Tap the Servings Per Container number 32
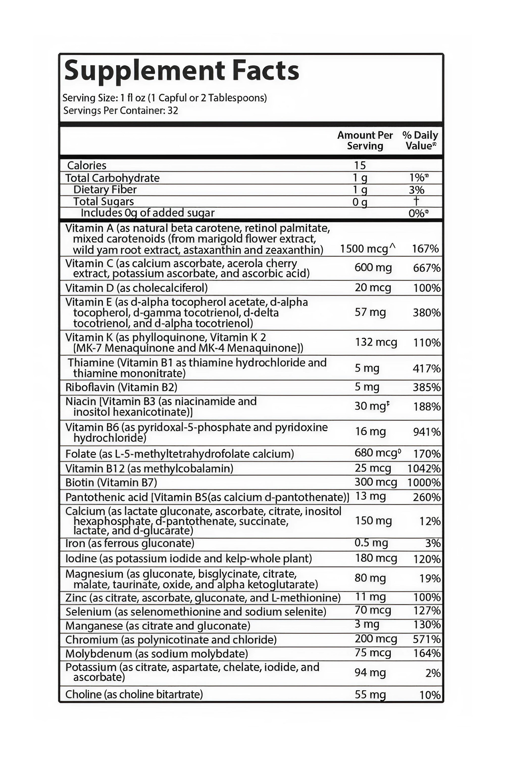tap(173, 111)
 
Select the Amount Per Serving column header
tap(365, 140)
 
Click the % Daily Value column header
tap(420, 140)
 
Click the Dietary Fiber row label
tap(105, 189)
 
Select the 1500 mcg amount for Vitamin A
tap(364, 249)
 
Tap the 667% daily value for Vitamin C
tap(426, 268)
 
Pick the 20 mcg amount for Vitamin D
tap(373, 287)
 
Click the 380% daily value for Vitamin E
tap(426, 313)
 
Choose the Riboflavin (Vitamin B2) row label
tap(121, 387)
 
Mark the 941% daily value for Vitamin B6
tap(426, 431)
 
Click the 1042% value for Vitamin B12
tap(423, 468)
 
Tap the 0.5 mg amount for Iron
tap(371, 543)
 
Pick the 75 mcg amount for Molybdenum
tap(373, 653)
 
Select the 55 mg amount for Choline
tap(370, 695)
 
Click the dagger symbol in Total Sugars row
tap(416, 201)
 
